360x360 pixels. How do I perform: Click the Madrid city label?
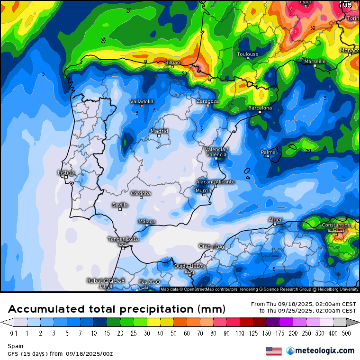click(x=159, y=131)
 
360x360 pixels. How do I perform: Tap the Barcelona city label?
click(x=260, y=108)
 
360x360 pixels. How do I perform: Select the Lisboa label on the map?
click(x=66, y=173)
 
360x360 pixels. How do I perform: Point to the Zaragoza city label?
click(x=207, y=101)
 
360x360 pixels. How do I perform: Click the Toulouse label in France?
click(x=248, y=54)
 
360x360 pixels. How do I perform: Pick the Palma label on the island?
click(x=268, y=152)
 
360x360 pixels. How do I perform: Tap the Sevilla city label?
click(x=120, y=205)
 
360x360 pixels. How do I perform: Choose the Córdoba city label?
click(x=141, y=193)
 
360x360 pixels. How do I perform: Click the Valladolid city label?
click(x=142, y=101)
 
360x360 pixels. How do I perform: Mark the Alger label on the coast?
click(x=275, y=220)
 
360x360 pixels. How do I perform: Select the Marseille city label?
click(x=315, y=62)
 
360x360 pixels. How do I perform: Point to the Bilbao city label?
click(x=172, y=63)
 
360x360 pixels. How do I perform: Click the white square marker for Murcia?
click(x=203, y=195)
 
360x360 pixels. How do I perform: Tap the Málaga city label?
click(x=147, y=221)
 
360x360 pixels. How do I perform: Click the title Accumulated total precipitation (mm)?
click(x=117, y=309)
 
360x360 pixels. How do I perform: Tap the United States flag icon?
click(x=274, y=351)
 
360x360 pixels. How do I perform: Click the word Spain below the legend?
click(x=15, y=346)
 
